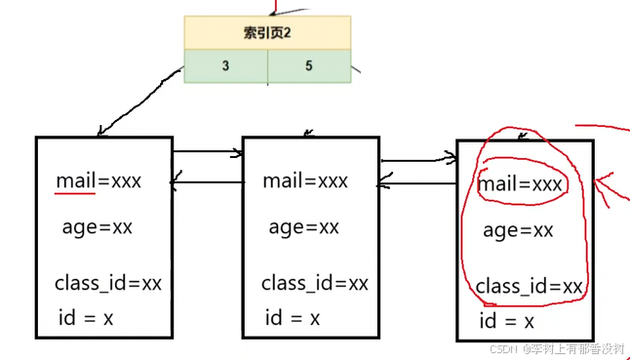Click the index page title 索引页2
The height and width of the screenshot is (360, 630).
click(x=267, y=32)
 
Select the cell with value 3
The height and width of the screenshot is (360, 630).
click(x=225, y=66)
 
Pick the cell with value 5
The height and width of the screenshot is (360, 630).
click(x=308, y=66)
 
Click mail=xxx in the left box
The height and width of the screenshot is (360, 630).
click(x=98, y=180)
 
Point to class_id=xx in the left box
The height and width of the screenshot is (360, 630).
click(x=108, y=284)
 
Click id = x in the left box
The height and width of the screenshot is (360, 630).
click(x=84, y=318)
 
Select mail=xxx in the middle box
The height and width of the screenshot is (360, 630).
click(x=305, y=180)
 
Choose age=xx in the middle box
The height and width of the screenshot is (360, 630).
click(x=303, y=227)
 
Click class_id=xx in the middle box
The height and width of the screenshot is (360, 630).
click(x=315, y=284)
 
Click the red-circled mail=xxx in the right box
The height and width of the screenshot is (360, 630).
click(x=521, y=183)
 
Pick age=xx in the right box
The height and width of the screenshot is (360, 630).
click(x=518, y=230)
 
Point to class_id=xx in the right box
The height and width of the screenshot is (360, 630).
click(x=530, y=287)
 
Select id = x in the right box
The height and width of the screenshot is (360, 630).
click(x=506, y=322)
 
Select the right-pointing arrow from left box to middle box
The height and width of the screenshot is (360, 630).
click(x=207, y=152)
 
